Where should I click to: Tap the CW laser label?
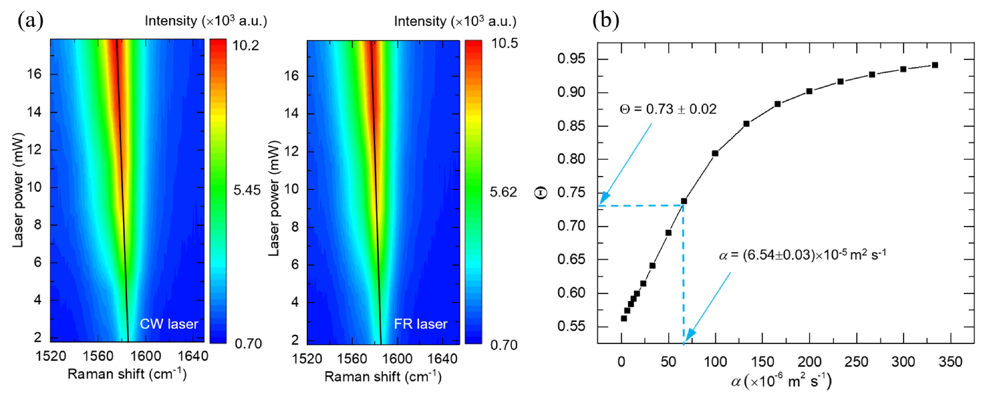169,324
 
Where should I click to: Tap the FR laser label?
421,324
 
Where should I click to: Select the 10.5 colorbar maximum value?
504,44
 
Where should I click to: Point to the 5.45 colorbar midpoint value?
247,190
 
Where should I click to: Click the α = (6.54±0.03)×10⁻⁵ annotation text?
803,255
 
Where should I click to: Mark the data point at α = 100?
715,153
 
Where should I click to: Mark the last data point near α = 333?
935,65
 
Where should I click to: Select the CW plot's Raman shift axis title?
127,374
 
